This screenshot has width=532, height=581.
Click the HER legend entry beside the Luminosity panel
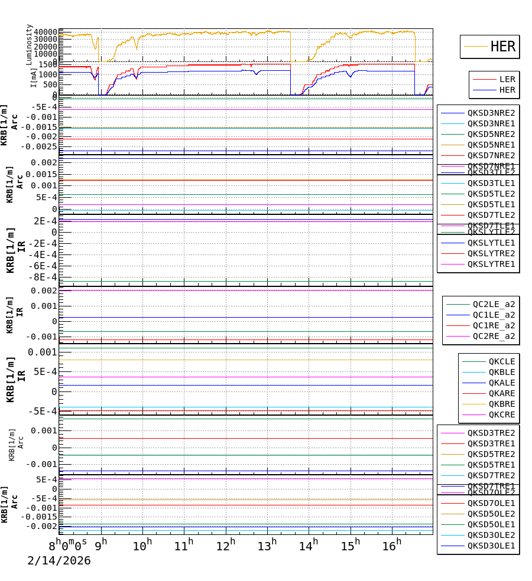502,47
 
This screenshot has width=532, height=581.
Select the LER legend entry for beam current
507,79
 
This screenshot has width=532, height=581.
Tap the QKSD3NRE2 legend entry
491,113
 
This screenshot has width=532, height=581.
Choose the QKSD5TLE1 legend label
491,204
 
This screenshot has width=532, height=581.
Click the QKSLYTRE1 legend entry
491,264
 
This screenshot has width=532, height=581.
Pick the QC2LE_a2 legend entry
493,304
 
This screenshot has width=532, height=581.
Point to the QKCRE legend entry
501,414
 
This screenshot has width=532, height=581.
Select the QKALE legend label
501,383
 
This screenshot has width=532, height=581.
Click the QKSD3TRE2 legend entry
491,433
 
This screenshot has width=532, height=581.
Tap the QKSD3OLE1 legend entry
491,546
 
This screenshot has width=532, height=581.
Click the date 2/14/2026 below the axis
59,561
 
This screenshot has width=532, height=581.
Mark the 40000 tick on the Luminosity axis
46,32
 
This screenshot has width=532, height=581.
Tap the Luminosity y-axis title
29,44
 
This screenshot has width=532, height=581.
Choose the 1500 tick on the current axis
48,64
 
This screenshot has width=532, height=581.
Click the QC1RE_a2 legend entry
493,325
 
